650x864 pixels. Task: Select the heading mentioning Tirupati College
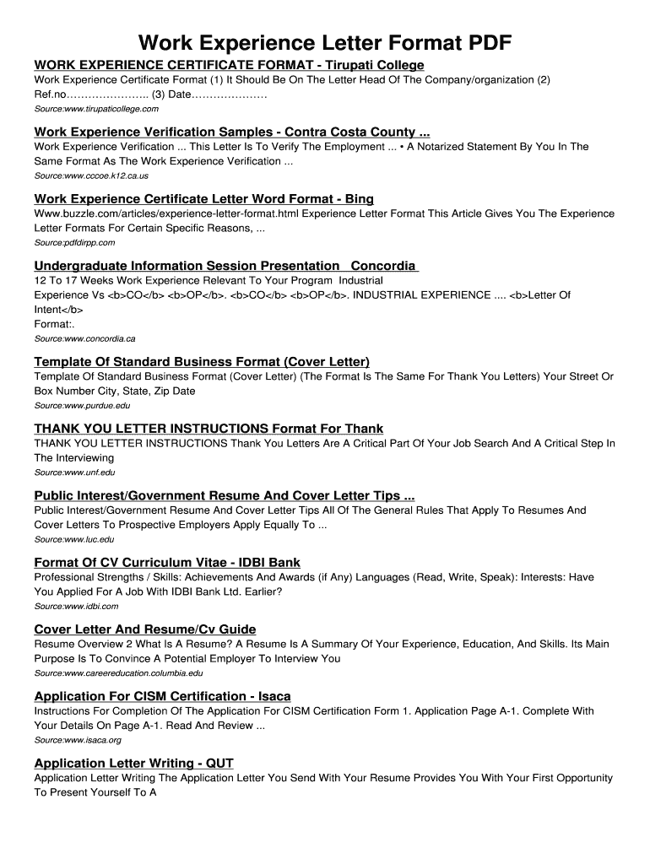coord(229,65)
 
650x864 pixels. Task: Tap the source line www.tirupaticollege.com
coord(96,109)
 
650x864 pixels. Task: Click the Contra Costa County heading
coord(232,132)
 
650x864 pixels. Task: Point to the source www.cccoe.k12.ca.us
coord(91,175)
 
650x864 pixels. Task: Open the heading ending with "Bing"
coord(203,199)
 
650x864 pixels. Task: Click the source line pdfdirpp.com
coord(74,242)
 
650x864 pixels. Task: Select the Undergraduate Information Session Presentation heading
coord(225,266)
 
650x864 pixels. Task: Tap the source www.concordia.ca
coord(84,338)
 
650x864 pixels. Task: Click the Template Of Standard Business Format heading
coord(202,362)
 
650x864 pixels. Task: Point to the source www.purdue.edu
coord(82,405)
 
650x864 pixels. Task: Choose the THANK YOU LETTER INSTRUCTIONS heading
coord(209,429)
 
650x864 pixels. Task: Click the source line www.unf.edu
coord(74,472)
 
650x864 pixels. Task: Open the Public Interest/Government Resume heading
coord(225,496)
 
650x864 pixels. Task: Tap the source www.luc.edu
coord(73,539)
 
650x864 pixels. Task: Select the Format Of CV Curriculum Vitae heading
coord(167,563)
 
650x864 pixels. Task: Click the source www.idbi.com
coord(76,606)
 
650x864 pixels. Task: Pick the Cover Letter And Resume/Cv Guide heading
coord(145,629)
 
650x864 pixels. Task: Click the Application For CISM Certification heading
coord(162,696)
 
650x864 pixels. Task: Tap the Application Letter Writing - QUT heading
coord(133,764)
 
